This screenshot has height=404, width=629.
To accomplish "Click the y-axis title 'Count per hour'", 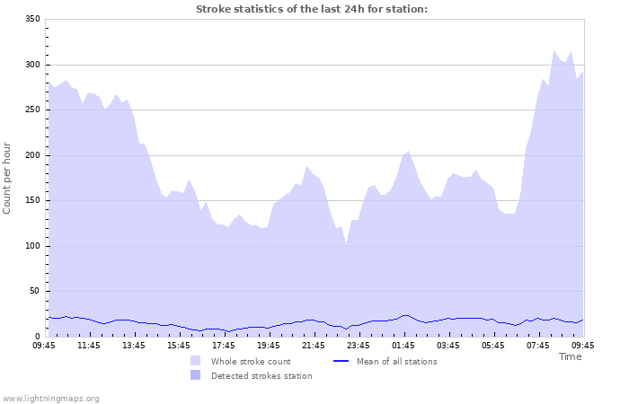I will click(x=8, y=177).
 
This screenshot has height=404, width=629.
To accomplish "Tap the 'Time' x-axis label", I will click(x=570, y=356).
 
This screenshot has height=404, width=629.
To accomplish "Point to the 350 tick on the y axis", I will click(x=31, y=19).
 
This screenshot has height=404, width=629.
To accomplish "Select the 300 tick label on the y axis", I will click(x=31, y=65).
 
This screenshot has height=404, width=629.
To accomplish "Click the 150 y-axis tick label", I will click(x=31, y=155).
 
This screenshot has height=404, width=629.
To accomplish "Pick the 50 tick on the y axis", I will click(x=34, y=291).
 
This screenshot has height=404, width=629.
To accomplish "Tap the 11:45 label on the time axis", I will click(x=89, y=345).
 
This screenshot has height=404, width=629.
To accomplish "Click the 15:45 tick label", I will click(x=179, y=345).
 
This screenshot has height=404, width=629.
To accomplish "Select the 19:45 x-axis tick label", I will click(x=269, y=345).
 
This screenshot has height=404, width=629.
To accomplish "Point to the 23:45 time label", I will click(x=359, y=345).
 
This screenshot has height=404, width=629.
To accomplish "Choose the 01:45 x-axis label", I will click(x=403, y=345).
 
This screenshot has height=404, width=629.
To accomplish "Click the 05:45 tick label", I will click(x=493, y=345).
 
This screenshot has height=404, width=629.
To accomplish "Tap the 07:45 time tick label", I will click(x=538, y=345).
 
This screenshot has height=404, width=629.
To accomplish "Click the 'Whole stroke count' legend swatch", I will click(x=196, y=361).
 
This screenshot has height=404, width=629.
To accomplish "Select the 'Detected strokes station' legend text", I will click(x=261, y=375).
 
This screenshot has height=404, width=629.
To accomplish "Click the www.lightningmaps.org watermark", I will click(x=51, y=398).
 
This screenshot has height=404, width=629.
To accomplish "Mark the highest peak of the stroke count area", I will click(x=554, y=51).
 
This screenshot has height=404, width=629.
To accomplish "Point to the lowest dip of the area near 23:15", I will click(x=346, y=244).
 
